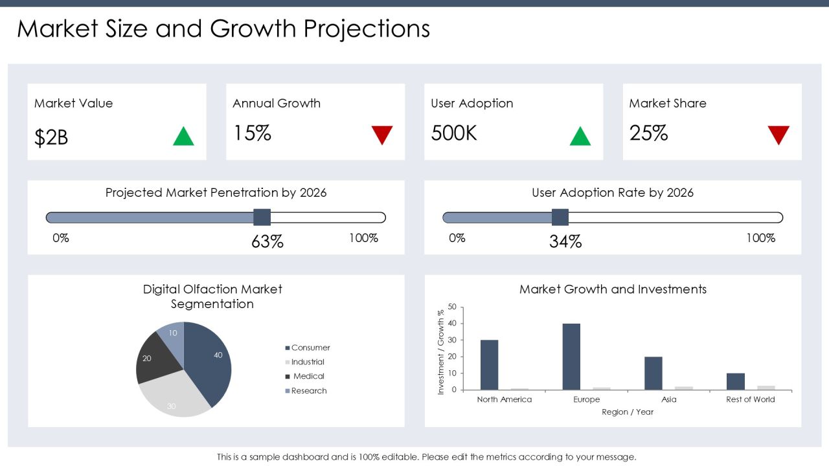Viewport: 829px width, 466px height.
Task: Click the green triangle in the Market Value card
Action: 183,136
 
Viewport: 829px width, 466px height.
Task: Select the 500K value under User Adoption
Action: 454,133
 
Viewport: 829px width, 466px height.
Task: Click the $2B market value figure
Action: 51,138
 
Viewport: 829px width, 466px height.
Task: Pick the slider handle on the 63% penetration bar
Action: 262,217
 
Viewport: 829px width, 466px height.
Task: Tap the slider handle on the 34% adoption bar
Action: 560,217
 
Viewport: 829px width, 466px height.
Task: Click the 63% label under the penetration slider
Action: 267,241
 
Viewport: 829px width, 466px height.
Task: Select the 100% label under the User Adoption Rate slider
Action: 760,238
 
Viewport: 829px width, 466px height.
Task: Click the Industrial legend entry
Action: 305,362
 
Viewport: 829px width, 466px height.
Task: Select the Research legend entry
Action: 306,390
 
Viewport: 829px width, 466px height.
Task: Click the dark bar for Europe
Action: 571,357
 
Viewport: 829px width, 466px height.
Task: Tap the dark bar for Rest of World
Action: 736,381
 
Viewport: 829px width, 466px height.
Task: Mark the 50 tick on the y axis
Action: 452,307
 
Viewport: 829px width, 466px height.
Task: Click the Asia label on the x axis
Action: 669,399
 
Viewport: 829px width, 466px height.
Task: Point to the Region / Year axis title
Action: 628,412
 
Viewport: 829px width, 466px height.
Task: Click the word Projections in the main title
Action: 367,29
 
